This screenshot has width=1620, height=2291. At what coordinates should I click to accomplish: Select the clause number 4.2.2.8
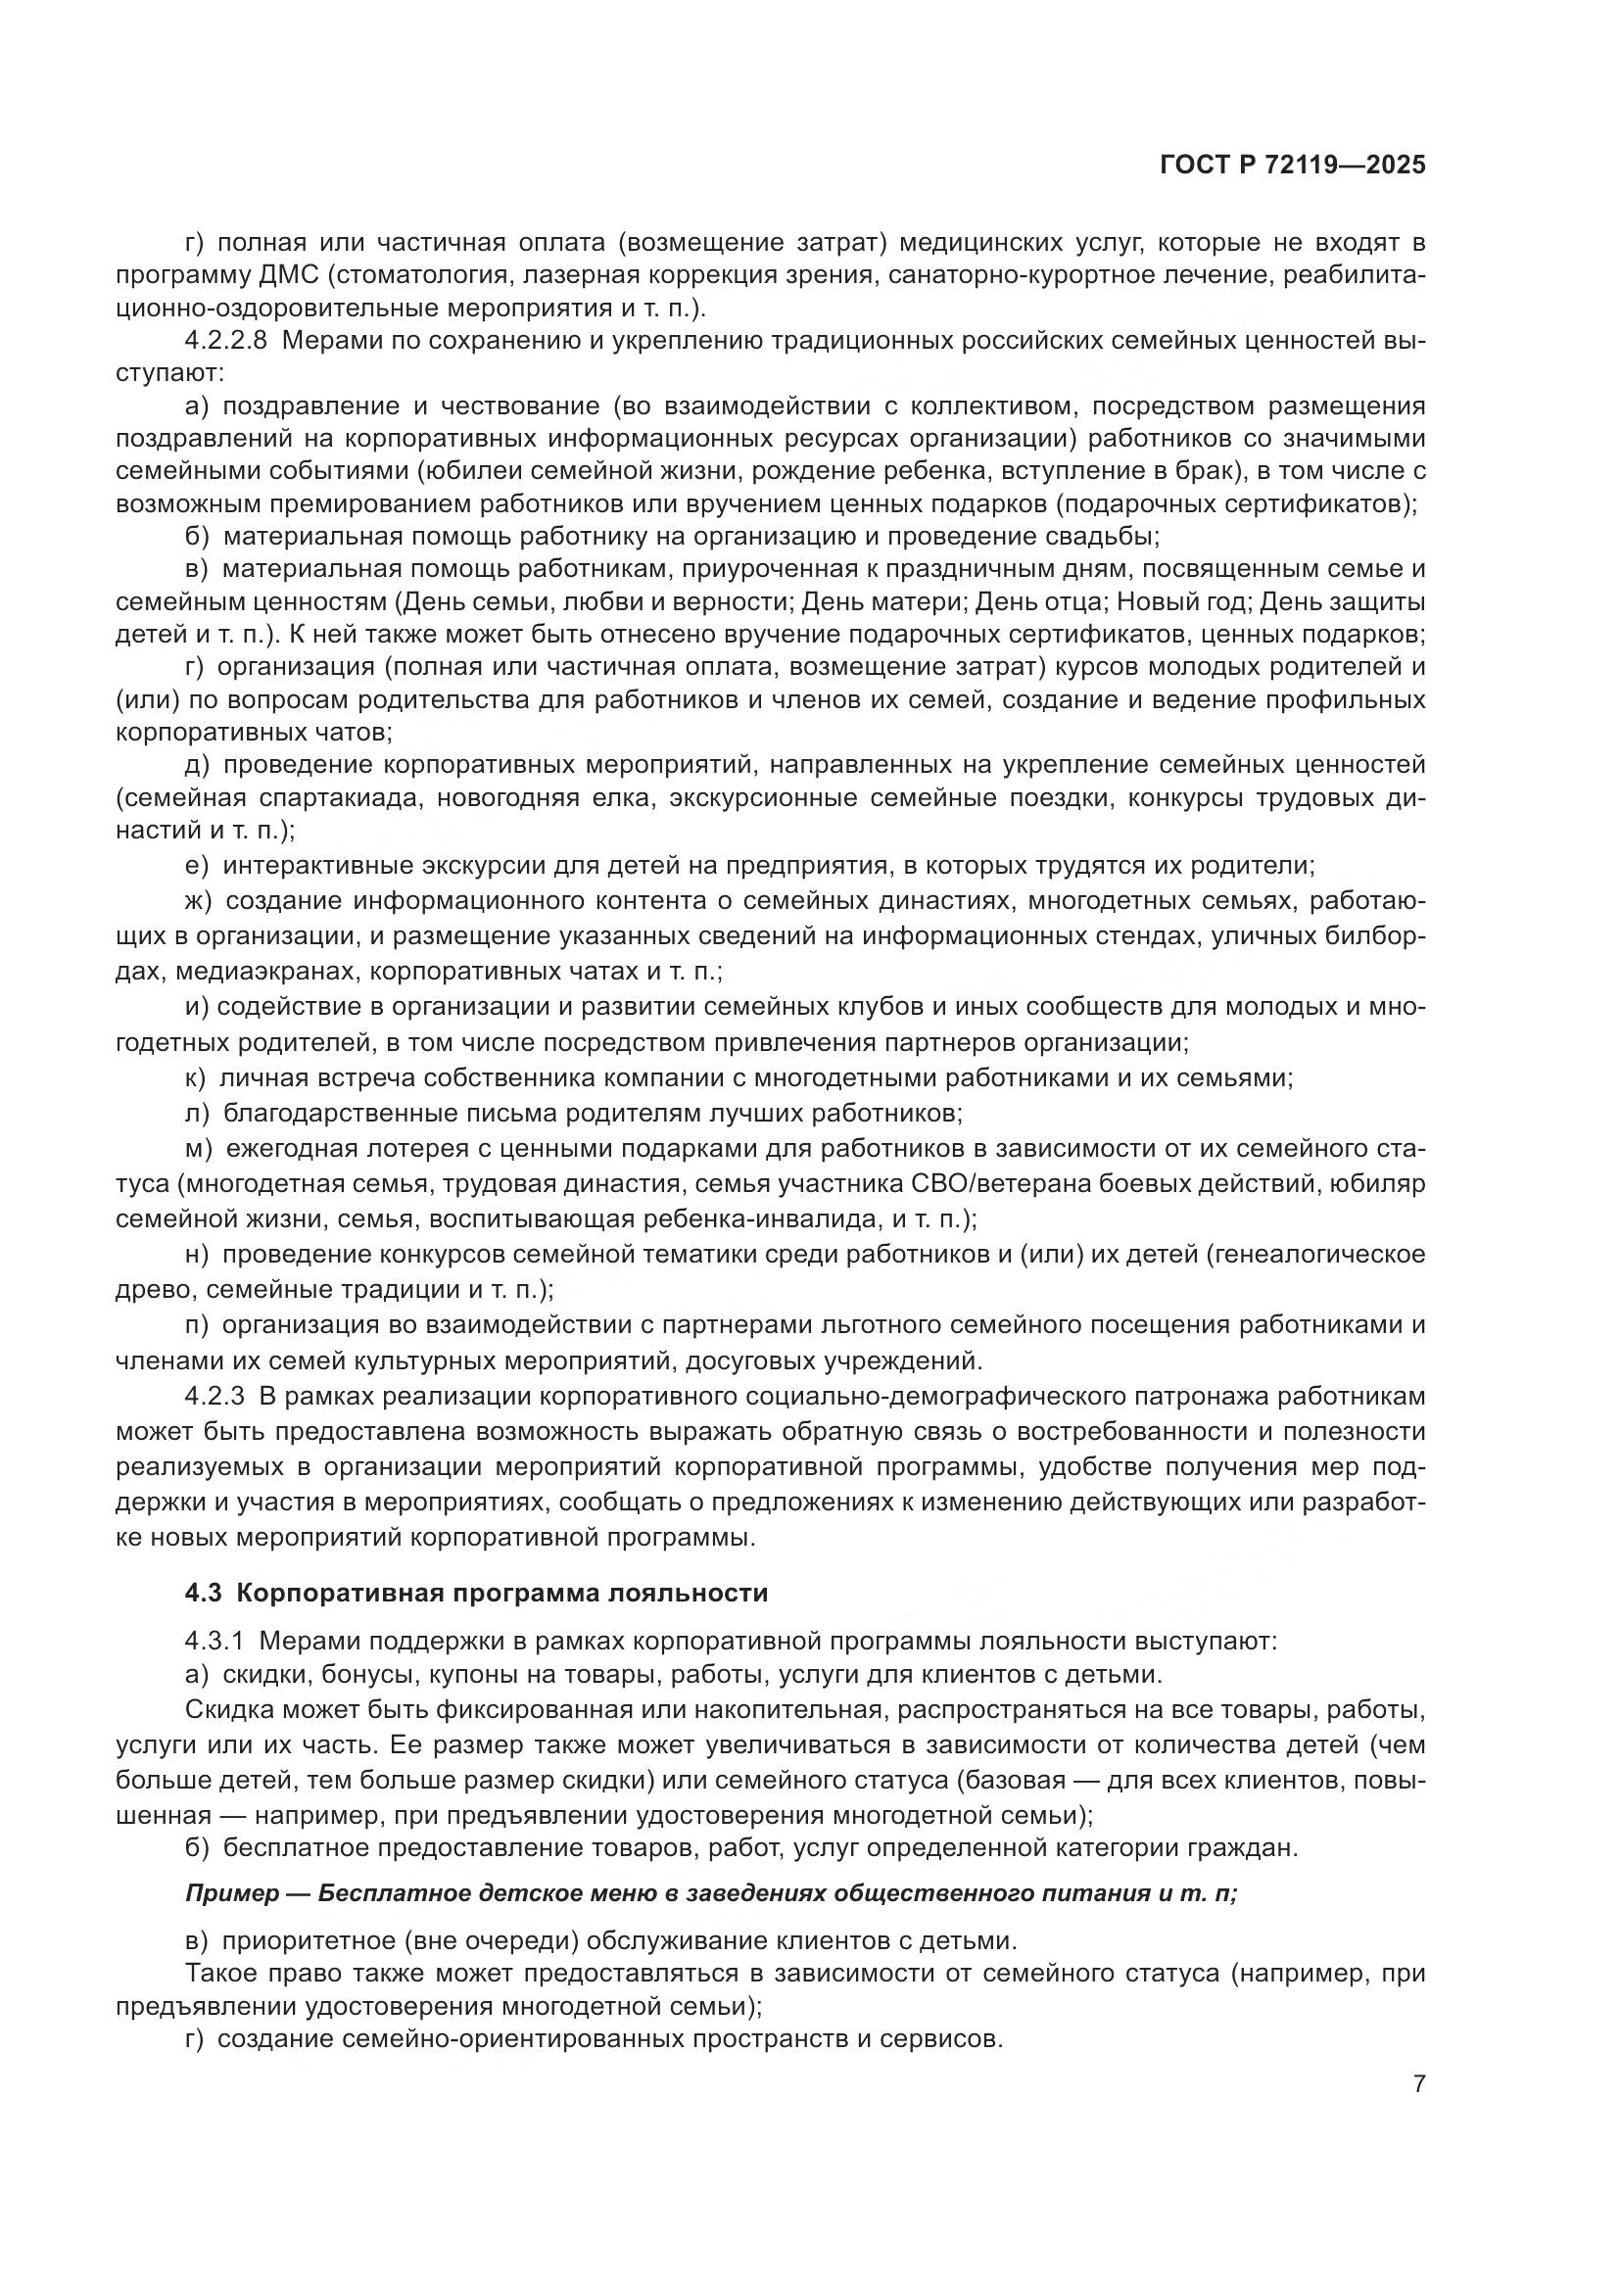225,341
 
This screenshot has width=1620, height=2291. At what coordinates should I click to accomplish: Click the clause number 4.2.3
214,1395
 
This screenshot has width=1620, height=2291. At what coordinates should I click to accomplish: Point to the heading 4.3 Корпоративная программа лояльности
476,1593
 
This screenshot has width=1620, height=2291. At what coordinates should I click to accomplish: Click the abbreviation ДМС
286,275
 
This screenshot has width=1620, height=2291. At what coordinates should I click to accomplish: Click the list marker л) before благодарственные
198,1112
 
